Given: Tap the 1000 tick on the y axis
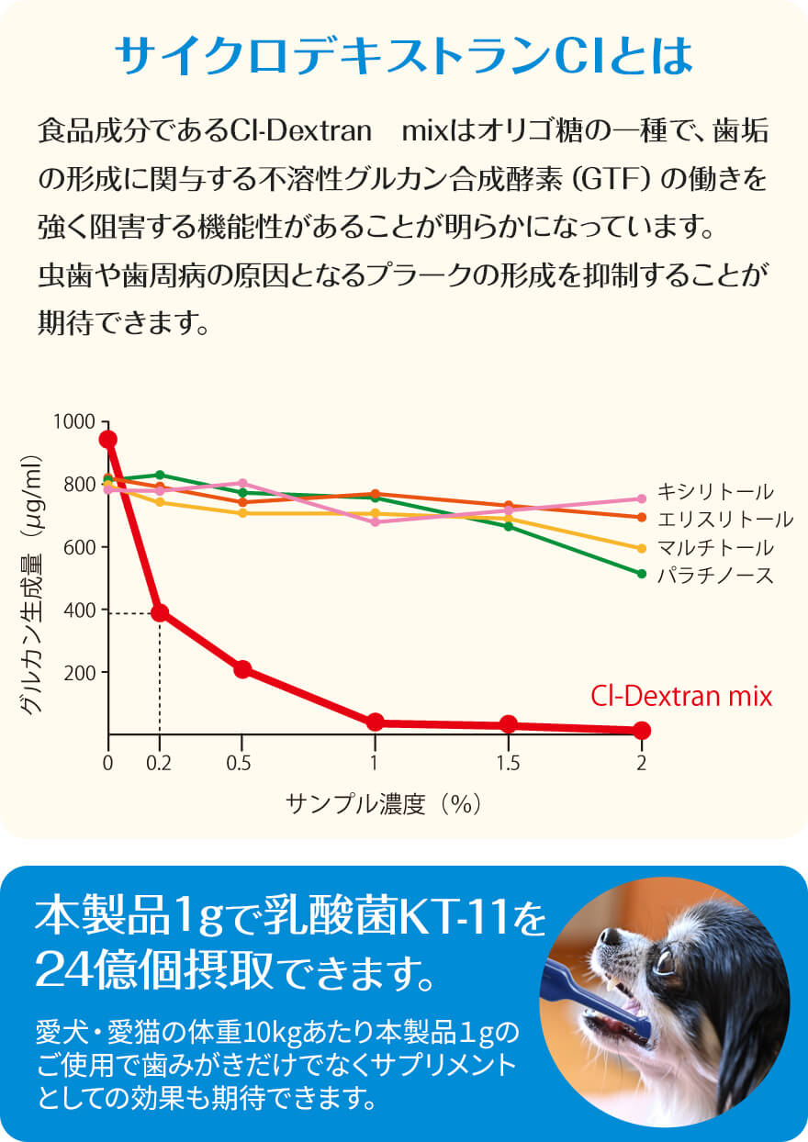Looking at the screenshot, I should pos(75,421).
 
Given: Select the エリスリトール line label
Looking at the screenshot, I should pos(724,520).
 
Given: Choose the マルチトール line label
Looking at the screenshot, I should pos(715,548).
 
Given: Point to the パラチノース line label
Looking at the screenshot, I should pos(715,576).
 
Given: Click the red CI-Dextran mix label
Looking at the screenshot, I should pos(682,696).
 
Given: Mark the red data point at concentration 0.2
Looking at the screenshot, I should pos(160,612).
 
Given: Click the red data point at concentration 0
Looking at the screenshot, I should pos(108,440).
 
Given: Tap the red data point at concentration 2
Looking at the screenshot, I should pos(642,731).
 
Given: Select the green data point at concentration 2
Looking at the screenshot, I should pos(642,574).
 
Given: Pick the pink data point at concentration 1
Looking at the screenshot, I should pos(375,522).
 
